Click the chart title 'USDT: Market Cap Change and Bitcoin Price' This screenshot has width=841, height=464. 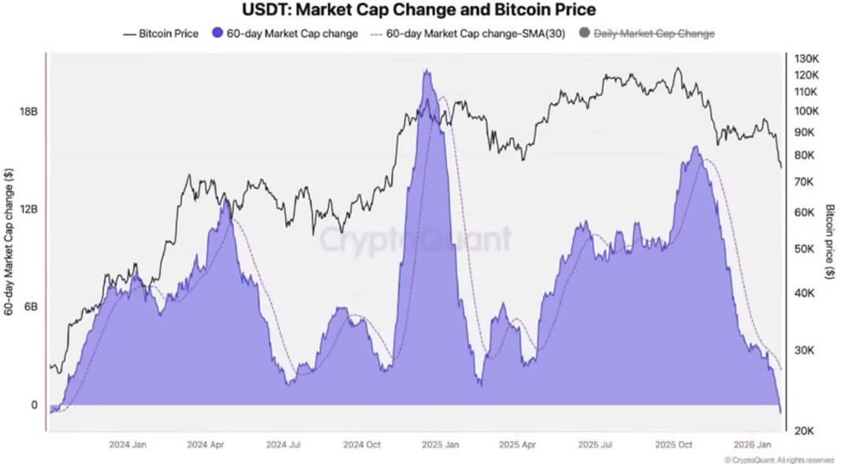pyautogui.click(x=419, y=10)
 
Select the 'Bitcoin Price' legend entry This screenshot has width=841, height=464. pyautogui.click(x=161, y=34)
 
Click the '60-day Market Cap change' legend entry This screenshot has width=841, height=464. pyautogui.click(x=285, y=34)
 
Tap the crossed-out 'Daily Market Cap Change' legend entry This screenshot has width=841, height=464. pyautogui.click(x=647, y=34)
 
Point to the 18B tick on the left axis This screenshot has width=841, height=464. pyautogui.click(x=28, y=112)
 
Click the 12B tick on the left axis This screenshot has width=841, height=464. pyautogui.click(x=28, y=210)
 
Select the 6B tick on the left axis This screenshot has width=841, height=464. pyautogui.click(x=28, y=307)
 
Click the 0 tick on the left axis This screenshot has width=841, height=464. pyautogui.click(x=34, y=405)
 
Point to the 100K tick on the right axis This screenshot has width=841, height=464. pyautogui.click(x=809, y=110)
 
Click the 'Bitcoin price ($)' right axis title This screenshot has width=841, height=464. pyautogui.click(x=830, y=242)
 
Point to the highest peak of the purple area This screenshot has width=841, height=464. pyautogui.click(x=426, y=71)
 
